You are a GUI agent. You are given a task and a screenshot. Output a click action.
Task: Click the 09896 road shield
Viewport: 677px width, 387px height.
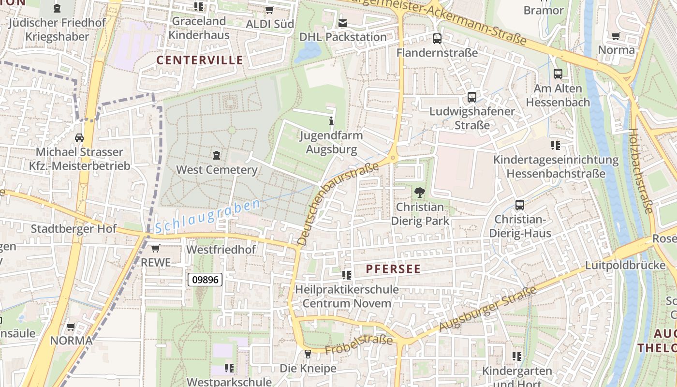(x=205, y=279)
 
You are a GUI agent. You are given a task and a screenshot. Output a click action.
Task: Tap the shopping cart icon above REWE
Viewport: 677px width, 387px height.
(x=155, y=249)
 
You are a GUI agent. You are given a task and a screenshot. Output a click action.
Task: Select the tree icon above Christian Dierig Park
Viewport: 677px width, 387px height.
(x=420, y=193)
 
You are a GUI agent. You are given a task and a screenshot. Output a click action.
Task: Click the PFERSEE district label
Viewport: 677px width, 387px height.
(x=393, y=269)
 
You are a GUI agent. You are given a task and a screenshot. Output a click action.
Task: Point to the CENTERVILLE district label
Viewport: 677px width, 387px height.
(x=200, y=60)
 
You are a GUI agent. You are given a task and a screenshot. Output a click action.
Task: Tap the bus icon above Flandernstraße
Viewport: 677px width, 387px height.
(x=437, y=39)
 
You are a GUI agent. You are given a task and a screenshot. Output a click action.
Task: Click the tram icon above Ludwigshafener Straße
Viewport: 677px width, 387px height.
(x=472, y=97)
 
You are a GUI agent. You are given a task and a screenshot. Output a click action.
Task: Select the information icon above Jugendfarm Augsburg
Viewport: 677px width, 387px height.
(x=331, y=121)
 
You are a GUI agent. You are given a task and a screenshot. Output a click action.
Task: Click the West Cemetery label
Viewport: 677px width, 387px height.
(x=217, y=170)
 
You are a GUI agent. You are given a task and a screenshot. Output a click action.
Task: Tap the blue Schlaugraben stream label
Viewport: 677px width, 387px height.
(x=208, y=217)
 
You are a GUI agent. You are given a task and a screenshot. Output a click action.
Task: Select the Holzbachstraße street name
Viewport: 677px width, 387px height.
(x=641, y=170)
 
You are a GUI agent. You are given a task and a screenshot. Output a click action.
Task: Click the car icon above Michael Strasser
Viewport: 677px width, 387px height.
(x=79, y=138)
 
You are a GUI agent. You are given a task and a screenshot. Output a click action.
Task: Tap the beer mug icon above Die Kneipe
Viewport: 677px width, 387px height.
(x=308, y=355)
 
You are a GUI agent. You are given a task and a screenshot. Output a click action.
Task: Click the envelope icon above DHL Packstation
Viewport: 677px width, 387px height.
(x=343, y=23)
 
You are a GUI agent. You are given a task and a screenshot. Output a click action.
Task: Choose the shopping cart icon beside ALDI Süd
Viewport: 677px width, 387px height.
(x=270, y=10)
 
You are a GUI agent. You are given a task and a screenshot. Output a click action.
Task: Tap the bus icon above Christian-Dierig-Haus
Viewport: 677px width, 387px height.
(x=520, y=205)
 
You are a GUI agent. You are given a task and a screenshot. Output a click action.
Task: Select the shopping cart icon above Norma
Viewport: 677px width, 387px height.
(x=616, y=36)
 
